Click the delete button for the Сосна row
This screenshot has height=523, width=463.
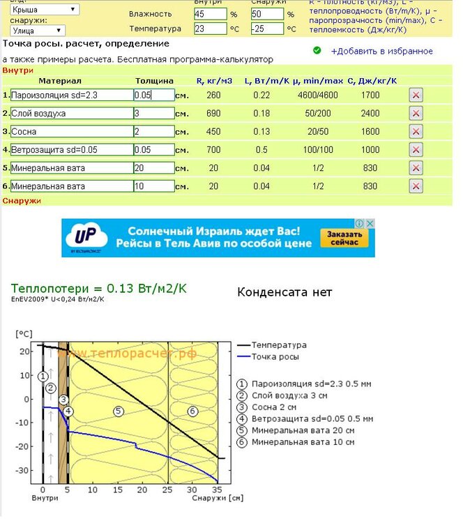click(x=416, y=131)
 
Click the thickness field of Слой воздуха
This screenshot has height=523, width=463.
click(x=153, y=113)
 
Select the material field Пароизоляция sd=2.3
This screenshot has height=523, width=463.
click(x=72, y=95)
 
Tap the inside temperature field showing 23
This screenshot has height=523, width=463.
click(x=210, y=29)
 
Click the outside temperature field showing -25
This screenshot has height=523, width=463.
click(x=267, y=29)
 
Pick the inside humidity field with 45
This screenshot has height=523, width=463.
click(x=210, y=14)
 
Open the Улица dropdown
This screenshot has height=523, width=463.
click(x=38, y=31)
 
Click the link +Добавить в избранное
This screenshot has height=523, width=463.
click(x=381, y=51)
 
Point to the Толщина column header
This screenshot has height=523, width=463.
click(x=150, y=81)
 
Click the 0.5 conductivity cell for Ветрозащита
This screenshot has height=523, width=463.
click(x=261, y=149)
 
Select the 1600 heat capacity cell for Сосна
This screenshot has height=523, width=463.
click(x=371, y=131)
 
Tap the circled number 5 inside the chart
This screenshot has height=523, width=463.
click(x=119, y=411)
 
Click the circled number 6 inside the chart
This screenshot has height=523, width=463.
click(x=192, y=411)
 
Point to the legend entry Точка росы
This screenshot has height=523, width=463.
click(x=275, y=357)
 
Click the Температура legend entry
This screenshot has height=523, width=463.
click(x=278, y=345)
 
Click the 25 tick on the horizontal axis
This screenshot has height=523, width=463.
click(x=168, y=490)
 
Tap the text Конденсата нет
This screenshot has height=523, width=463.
click(x=284, y=292)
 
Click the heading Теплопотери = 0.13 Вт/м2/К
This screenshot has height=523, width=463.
click(x=99, y=288)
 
